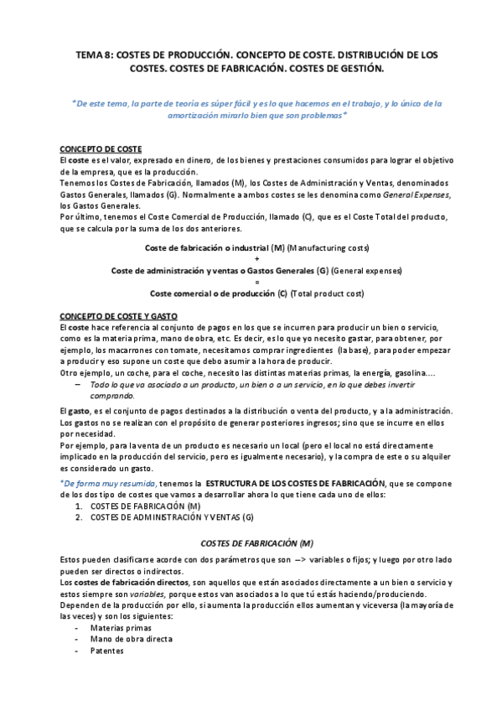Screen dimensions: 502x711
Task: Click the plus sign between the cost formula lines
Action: tap(256, 259)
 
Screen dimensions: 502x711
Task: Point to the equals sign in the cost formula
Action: tap(256, 282)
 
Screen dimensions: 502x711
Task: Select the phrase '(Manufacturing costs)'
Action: tap(328, 248)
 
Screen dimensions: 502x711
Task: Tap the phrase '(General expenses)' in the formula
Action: tap(365, 271)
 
